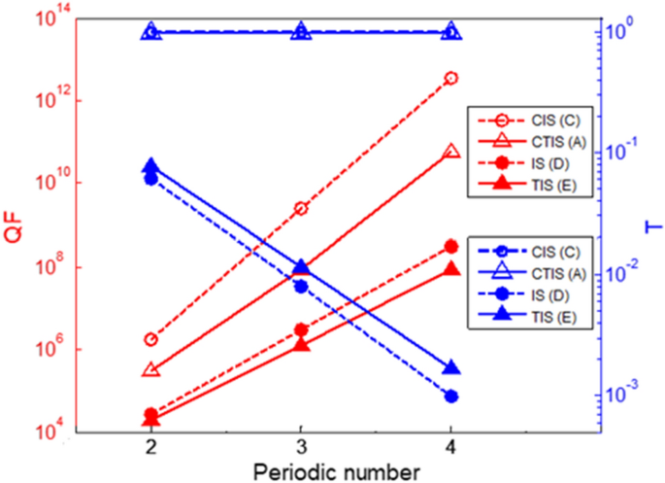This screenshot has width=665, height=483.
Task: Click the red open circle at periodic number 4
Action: click(x=450, y=78)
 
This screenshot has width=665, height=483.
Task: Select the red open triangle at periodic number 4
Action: click(x=450, y=153)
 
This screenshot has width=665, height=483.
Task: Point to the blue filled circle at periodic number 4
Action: click(x=450, y=397)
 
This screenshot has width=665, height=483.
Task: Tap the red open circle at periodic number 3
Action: click(x=301, y=209)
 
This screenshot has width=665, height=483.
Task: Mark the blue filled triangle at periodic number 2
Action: click(x=151, y=166)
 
